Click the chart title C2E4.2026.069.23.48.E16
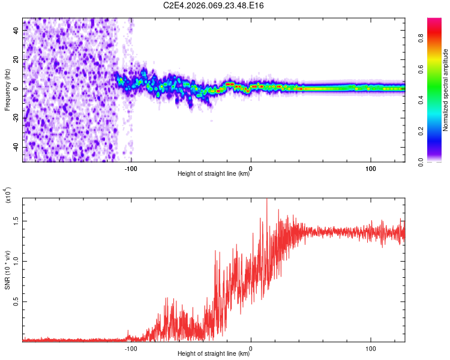point(214,5)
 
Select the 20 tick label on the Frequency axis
point(16,59)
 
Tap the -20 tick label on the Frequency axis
point(16,118)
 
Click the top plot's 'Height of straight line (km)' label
point(214,174)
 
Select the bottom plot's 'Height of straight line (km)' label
point(214,353)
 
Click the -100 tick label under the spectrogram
point(131,168)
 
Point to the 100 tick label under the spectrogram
point(371,168)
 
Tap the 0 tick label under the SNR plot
point(251,347)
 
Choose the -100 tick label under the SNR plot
point(131,347)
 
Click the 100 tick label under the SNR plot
point(371,347)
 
